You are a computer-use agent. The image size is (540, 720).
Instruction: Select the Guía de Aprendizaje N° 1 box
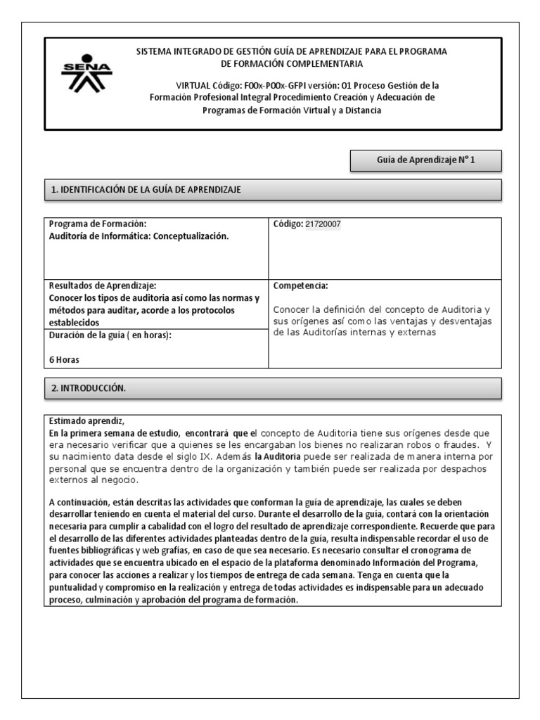click(426, 160)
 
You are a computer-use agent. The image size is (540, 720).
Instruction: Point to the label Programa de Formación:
click(97, 224)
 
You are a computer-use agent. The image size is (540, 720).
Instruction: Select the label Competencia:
click(300, 286)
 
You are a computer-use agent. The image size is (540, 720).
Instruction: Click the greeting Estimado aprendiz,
click(86, 421)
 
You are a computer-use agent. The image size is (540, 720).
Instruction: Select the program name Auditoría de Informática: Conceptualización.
click(139, 236)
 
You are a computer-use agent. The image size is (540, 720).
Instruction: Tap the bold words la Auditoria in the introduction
click(280, 456)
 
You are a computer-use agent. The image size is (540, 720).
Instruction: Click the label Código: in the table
click(288, 224)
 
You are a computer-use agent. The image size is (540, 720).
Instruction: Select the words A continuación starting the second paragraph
click(78, 501)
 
